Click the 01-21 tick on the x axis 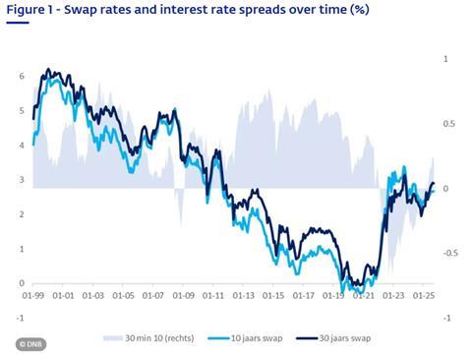(364, 293)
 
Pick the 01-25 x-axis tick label (424, 293)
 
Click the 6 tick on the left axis (22, 76)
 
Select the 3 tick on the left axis (22, 180)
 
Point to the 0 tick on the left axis (22, 283)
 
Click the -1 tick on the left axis (19, 318)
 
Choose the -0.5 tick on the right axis (450, 253)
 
